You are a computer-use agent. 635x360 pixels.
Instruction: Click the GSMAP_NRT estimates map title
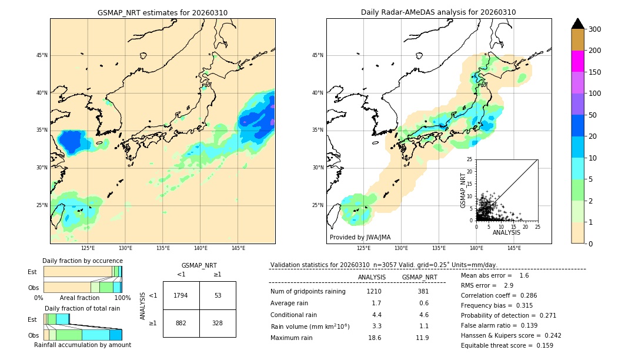(x=162, y=12)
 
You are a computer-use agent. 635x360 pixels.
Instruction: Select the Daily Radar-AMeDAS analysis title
(x=438, y=12)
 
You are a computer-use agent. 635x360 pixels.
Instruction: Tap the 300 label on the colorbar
(x=594, y=29)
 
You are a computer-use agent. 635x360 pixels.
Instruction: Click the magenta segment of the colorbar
(x=578, y=61)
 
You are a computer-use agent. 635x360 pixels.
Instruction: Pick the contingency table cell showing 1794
(x=181, y=295)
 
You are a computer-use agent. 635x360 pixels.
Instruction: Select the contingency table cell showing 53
(x=218, y=295)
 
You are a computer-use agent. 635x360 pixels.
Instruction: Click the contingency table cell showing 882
(x=181, y=323)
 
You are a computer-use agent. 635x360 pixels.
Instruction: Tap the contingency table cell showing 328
(x=218, y=323)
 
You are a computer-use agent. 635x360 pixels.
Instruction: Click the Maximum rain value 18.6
(x=374, y=338)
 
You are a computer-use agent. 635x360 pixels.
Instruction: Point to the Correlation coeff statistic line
(x=499, y=295)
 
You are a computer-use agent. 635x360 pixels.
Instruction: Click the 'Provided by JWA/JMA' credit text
(x=360, y=237)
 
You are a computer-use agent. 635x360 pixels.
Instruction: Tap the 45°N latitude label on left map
(x=42, y=55)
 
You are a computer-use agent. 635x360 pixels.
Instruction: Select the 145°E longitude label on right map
(x=514, y=248)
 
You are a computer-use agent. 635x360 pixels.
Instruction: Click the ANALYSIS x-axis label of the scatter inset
(x=506, y=232)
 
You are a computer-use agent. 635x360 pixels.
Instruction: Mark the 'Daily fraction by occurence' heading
(x=82, y=261)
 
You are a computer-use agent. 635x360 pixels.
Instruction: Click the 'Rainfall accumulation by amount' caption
(x=82, y=345)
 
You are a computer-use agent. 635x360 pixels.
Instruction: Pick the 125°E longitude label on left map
(x=88, y=248)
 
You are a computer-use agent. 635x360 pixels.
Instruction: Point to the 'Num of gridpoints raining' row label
(x=308, y=291)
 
